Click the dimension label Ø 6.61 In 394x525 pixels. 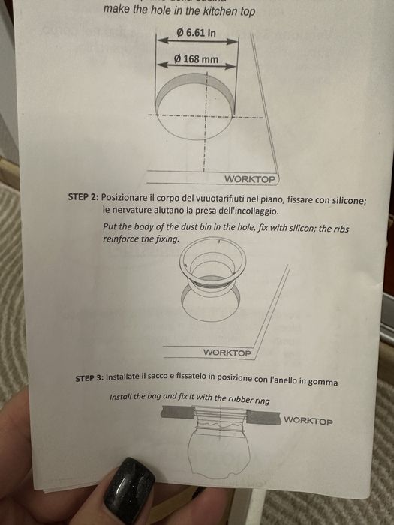(x=196, y=33)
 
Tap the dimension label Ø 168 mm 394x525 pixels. (x=196, y=59)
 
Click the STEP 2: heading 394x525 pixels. (x=83, y=196)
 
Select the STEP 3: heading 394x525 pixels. (x=89, y=378)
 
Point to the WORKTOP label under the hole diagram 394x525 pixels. (x=250, y=179)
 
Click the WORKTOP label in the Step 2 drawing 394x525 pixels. (x=227, y=352)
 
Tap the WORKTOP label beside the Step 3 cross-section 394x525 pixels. (x=308, y=421)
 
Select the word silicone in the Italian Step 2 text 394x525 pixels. (x=349, y=200)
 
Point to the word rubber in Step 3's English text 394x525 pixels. (x=239, y=399)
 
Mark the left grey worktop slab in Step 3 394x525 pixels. (x=177, y=412)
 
